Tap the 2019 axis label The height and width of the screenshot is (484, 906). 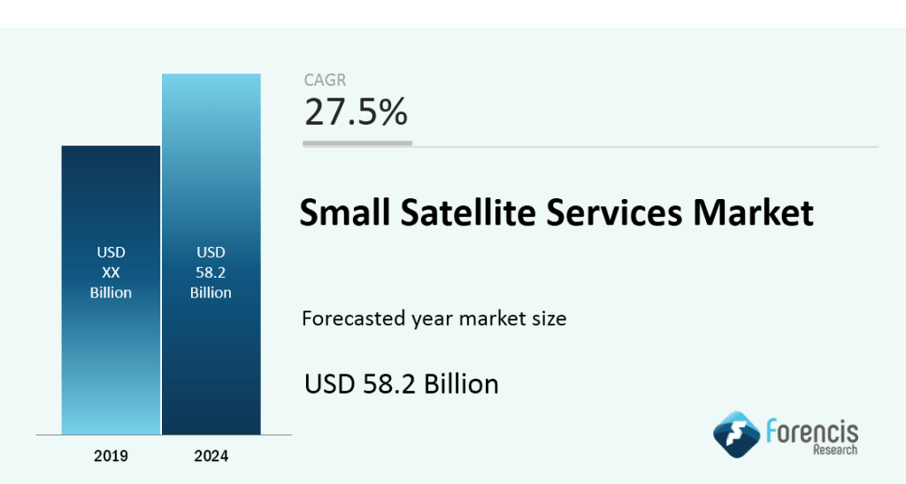tap(111, 457)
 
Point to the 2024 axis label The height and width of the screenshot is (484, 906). tap(211, 457)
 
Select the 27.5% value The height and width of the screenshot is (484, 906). tap(356, 112)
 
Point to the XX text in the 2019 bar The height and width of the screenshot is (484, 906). tap(111, 273)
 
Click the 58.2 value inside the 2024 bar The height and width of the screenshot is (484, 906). tap(211, 273)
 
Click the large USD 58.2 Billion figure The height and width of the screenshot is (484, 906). tap(402, 384)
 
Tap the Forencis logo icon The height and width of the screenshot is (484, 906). tap(737, 434)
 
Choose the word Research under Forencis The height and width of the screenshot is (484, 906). tap(834, 450)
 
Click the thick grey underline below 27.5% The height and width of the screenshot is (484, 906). tap(357, 142)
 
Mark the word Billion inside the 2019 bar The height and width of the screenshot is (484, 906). tap(111, 292)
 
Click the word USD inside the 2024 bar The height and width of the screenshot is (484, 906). tap(211, 253)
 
